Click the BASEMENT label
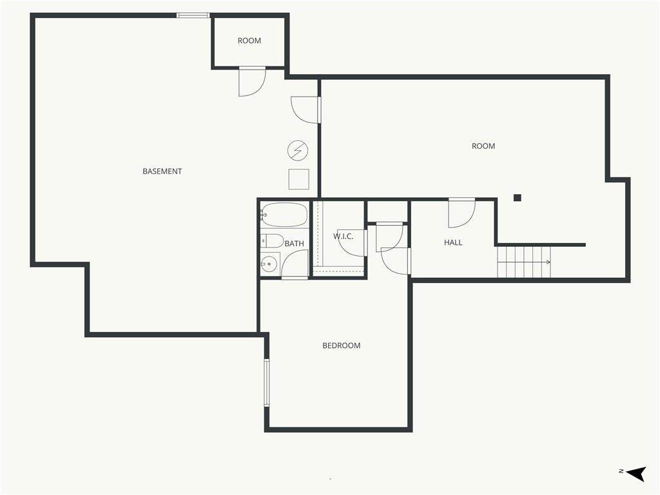(162, 171)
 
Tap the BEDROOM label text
(342, 345)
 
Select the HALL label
(453, 242)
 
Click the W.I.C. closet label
(343, 237)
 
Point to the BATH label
(294, 244)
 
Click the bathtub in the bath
(284, 215)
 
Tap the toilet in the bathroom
(272, 241)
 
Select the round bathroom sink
(269, 263)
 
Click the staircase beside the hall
(524, 262)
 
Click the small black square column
(517, 198)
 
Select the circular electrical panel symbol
(298, 151)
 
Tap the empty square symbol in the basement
(298, 179)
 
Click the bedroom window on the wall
(267, 382)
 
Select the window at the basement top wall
(193, 15)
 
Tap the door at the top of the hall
(461, 213)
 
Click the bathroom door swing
(295, 264)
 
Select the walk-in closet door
(352, 243)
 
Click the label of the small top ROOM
(249, 41)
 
